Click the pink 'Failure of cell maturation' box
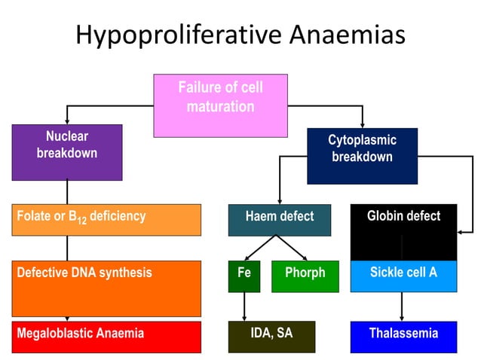coord(220,105)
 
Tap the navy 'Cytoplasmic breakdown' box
coord(362,156)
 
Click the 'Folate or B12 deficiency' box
coord(107,219)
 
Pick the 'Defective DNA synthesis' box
coord(107,288)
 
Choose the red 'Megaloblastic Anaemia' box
coord(107,337)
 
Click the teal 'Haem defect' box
coord(279,219)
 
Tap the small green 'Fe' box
coord(244,276)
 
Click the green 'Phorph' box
coord(305,276)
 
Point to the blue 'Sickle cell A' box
coord(403,276)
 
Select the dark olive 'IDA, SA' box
coord(271,337)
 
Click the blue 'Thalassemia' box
coord(403,337)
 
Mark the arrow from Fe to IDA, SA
coord(244,307)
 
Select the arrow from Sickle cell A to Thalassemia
coord(402,307)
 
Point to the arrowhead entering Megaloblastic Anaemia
coord(67,319)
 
